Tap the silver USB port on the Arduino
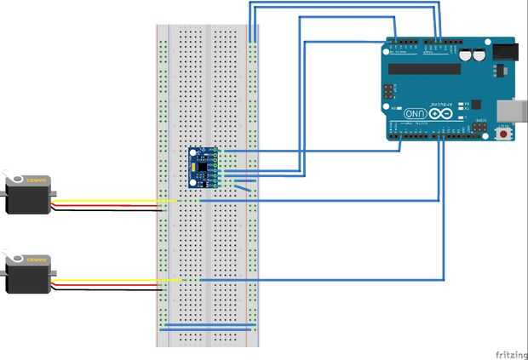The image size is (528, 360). point(512,109)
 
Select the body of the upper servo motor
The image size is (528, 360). point(28,195)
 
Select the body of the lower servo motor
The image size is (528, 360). point(28,276)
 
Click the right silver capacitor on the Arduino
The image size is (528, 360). point(481,54)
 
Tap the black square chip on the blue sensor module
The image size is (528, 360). point(203,164)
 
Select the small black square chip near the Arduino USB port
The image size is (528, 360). point(480,128)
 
